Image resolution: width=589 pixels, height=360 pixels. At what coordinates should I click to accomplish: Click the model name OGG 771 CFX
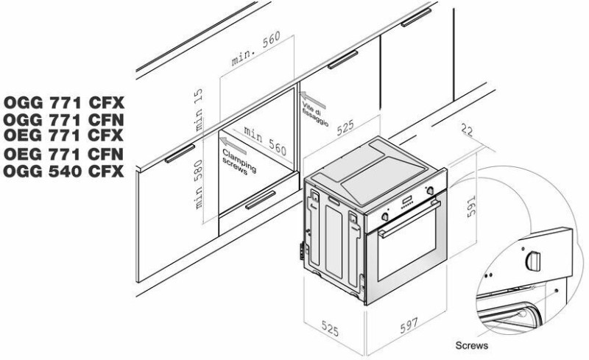pos(64,102)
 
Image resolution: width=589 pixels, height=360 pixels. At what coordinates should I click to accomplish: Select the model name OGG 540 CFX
pos(63,172)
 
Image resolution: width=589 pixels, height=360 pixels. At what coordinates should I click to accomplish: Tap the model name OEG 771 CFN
pos(63,154)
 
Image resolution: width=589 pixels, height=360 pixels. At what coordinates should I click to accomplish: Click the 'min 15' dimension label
pos(198,110)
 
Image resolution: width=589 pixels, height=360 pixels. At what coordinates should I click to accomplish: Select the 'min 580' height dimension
pos(199,185)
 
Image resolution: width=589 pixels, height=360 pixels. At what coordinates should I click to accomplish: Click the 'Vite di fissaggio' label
pos(316,114)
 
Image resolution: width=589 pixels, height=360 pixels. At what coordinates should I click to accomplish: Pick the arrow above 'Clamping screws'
pos(233,146)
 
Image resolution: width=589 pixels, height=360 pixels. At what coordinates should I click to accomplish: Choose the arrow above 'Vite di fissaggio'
pos(312,99)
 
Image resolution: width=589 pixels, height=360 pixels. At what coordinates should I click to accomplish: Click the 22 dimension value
pos(467,130)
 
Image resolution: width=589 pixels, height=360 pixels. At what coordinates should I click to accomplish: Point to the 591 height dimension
pos(472,206)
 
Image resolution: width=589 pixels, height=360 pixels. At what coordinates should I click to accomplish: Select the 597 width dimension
pos(409,325)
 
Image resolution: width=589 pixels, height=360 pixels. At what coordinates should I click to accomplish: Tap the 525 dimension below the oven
pos(330,328)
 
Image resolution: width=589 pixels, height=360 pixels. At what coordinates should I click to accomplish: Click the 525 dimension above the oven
pos(345,128)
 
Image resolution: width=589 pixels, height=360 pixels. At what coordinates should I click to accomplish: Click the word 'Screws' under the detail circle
pos(472,345)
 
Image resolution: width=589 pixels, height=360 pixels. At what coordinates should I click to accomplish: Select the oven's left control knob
pos(384,217)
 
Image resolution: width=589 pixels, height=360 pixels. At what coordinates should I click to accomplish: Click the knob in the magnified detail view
pos(533,261)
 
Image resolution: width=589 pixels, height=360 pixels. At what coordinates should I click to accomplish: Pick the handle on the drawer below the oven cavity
pos(261,200)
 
